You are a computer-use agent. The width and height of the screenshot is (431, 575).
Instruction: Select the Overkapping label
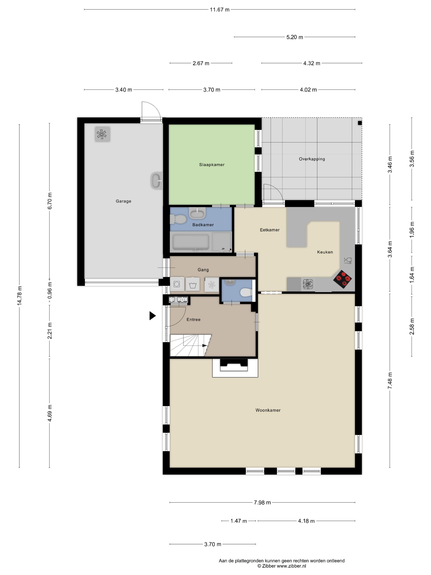pos(312,159)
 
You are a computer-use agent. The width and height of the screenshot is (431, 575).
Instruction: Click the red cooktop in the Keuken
pos(342,280)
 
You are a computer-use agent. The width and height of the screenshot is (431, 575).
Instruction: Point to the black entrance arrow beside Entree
pos(152,316)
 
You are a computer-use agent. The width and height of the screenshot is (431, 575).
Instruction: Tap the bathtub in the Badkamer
pos(191,242)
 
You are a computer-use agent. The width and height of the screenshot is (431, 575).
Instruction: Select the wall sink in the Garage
pos(156,181)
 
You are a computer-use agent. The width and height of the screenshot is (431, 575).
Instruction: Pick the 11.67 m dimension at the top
pos(220,10)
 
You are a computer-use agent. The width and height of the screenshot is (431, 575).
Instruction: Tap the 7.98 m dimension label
pos(262,503)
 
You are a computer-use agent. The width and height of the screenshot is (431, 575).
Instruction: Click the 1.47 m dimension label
pos(238,521)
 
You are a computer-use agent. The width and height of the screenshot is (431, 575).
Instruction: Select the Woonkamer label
pos(268,410)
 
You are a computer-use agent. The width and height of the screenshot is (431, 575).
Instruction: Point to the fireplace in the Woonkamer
pos(234,367)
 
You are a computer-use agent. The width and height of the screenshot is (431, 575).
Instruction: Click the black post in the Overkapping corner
pos(360,123)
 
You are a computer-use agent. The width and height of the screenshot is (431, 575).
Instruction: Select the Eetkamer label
pos(269,230)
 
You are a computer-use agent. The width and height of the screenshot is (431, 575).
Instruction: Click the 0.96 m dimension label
pos(50,290)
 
